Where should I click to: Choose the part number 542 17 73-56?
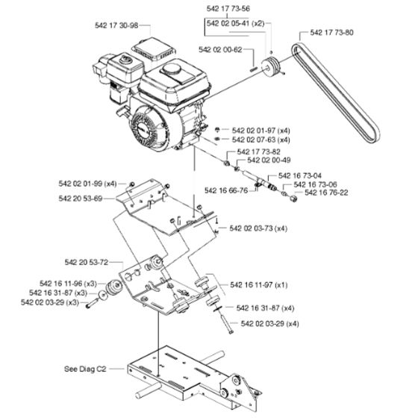point(229,8)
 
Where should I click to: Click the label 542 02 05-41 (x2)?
point(237,22)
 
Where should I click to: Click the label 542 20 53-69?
point(83,198)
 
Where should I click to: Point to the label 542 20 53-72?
point(83,262)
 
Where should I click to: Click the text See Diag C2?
point(84,368)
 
